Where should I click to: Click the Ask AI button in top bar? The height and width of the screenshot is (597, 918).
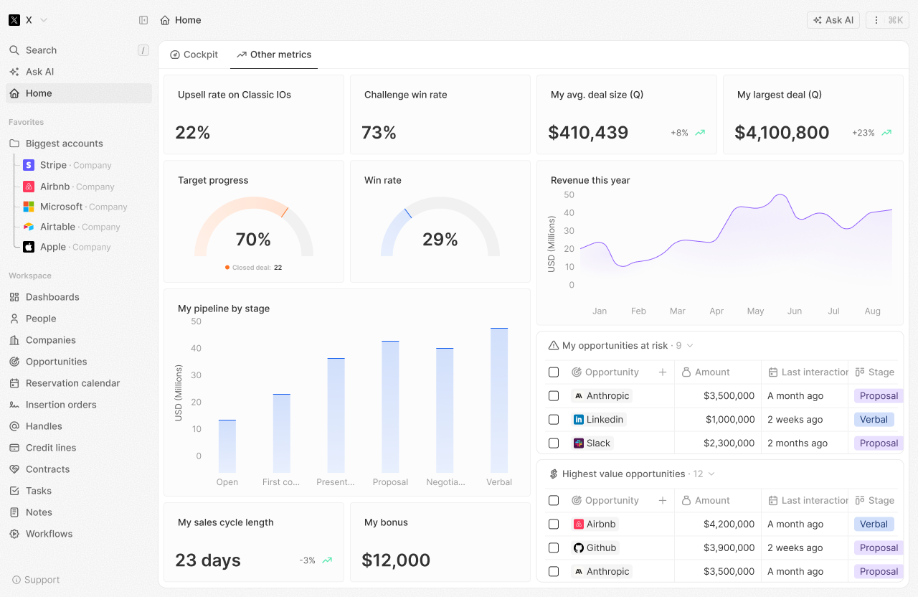[833, 20]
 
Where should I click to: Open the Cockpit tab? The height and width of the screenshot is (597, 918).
[194, 55]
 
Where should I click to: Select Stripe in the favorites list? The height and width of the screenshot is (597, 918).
[53, 165]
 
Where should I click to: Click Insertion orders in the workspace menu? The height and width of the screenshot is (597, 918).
[61, 405]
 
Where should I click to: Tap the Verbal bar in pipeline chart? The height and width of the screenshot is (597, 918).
[499, 400]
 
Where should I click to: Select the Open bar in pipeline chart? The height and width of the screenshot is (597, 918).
[227, 446]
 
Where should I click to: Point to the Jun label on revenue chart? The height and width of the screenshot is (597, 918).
[795, 311]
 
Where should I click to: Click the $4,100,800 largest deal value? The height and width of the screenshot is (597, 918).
[782, 133]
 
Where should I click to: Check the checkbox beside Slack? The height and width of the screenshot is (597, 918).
[554, 443]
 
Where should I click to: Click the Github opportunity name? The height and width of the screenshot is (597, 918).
[601, 548]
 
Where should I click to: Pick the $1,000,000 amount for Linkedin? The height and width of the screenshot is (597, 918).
[729, 420]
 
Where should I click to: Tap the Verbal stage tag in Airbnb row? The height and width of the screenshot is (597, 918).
[874, 525]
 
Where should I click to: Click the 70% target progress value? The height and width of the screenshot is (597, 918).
[253, 240]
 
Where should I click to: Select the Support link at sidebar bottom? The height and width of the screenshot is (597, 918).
[42, 580]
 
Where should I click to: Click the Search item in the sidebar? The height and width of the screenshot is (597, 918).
[41, 50]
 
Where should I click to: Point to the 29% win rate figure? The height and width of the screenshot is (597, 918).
[440, 240]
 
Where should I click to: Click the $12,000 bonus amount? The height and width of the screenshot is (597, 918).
[396, 560]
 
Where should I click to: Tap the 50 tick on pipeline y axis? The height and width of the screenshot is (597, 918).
[196, 321]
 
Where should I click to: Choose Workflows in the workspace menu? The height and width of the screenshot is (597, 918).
[49, 534]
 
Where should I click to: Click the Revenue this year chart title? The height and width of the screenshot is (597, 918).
[590, 181]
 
